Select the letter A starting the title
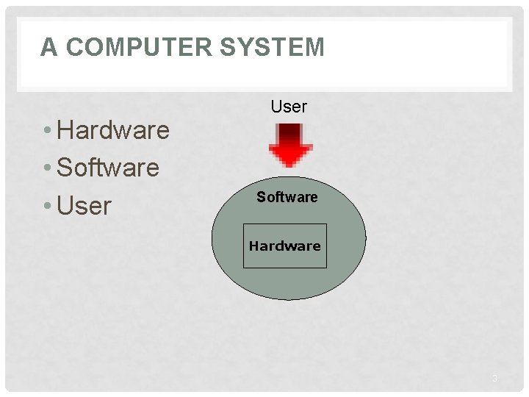click(48, 48)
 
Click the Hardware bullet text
click(113, 131)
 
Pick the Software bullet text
click(108, 168)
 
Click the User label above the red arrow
click(289, 107)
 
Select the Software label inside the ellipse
click(287, 197)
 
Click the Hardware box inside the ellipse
click(284, 246)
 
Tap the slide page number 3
click(494, 379)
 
